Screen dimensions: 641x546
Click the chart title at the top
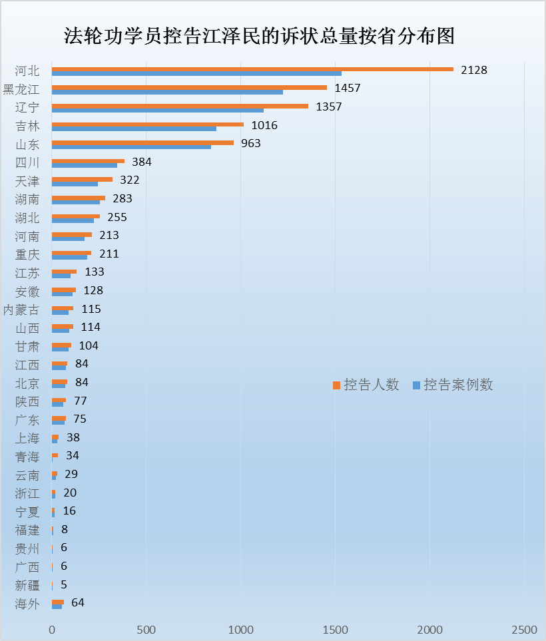coord(259,36)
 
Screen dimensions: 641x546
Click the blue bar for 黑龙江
coord(166,92)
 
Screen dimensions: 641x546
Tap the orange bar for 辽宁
coord(180,106)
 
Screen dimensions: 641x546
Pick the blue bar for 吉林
coord(133,128)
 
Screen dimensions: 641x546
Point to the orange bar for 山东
coord(142,142)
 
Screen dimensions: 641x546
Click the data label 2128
coord(474,70)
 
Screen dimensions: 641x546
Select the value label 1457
coord(348,88)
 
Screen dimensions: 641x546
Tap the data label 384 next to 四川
coord(142,162)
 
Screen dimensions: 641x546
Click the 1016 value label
coord(264,125)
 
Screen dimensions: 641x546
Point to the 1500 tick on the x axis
coord(336,630)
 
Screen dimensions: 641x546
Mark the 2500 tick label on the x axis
coord(525,630)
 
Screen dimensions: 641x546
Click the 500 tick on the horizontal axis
coord(146,630)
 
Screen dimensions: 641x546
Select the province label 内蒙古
coord(21,310)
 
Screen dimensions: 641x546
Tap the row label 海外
coord(27,604)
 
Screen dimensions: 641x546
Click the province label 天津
coord(27,181)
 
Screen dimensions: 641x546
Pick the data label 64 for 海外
coord(78,603)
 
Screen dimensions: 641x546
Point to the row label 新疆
coord(27,586)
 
